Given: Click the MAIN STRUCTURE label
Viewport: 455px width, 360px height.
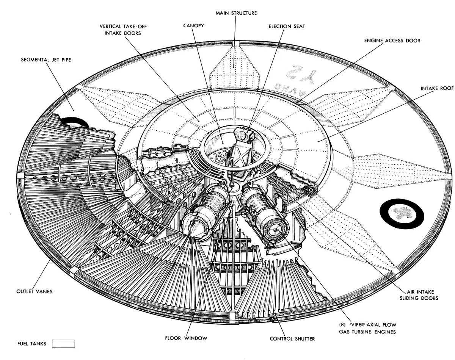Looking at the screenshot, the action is point(236,13).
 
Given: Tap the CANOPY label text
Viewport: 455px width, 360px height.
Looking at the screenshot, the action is point(193,25).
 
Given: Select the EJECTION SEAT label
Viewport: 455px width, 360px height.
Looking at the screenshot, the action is point(287,27).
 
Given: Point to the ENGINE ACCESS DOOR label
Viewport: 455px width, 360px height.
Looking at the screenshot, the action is point(392,41).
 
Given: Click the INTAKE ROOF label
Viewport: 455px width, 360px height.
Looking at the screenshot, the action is point(437,88).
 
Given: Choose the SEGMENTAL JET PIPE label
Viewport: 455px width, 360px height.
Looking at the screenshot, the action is point(46,60).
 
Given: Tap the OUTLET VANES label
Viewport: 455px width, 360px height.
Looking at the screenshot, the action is point(34,291).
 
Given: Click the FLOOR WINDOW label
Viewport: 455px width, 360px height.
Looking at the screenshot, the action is point(186,338).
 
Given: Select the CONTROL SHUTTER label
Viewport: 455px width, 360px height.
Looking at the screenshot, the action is point(292,339).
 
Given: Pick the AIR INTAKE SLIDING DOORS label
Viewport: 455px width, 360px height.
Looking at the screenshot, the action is point(419,295).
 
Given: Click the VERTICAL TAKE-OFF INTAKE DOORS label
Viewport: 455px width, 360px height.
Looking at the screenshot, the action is point(123,30).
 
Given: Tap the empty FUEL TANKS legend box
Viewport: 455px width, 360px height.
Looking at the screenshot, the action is point(63,343).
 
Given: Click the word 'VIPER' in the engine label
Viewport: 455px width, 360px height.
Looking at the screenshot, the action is point(356,325).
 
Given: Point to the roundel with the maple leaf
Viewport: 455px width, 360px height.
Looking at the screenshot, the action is point(402,213).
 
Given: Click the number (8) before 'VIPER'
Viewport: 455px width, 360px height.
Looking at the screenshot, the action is point(342,325).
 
